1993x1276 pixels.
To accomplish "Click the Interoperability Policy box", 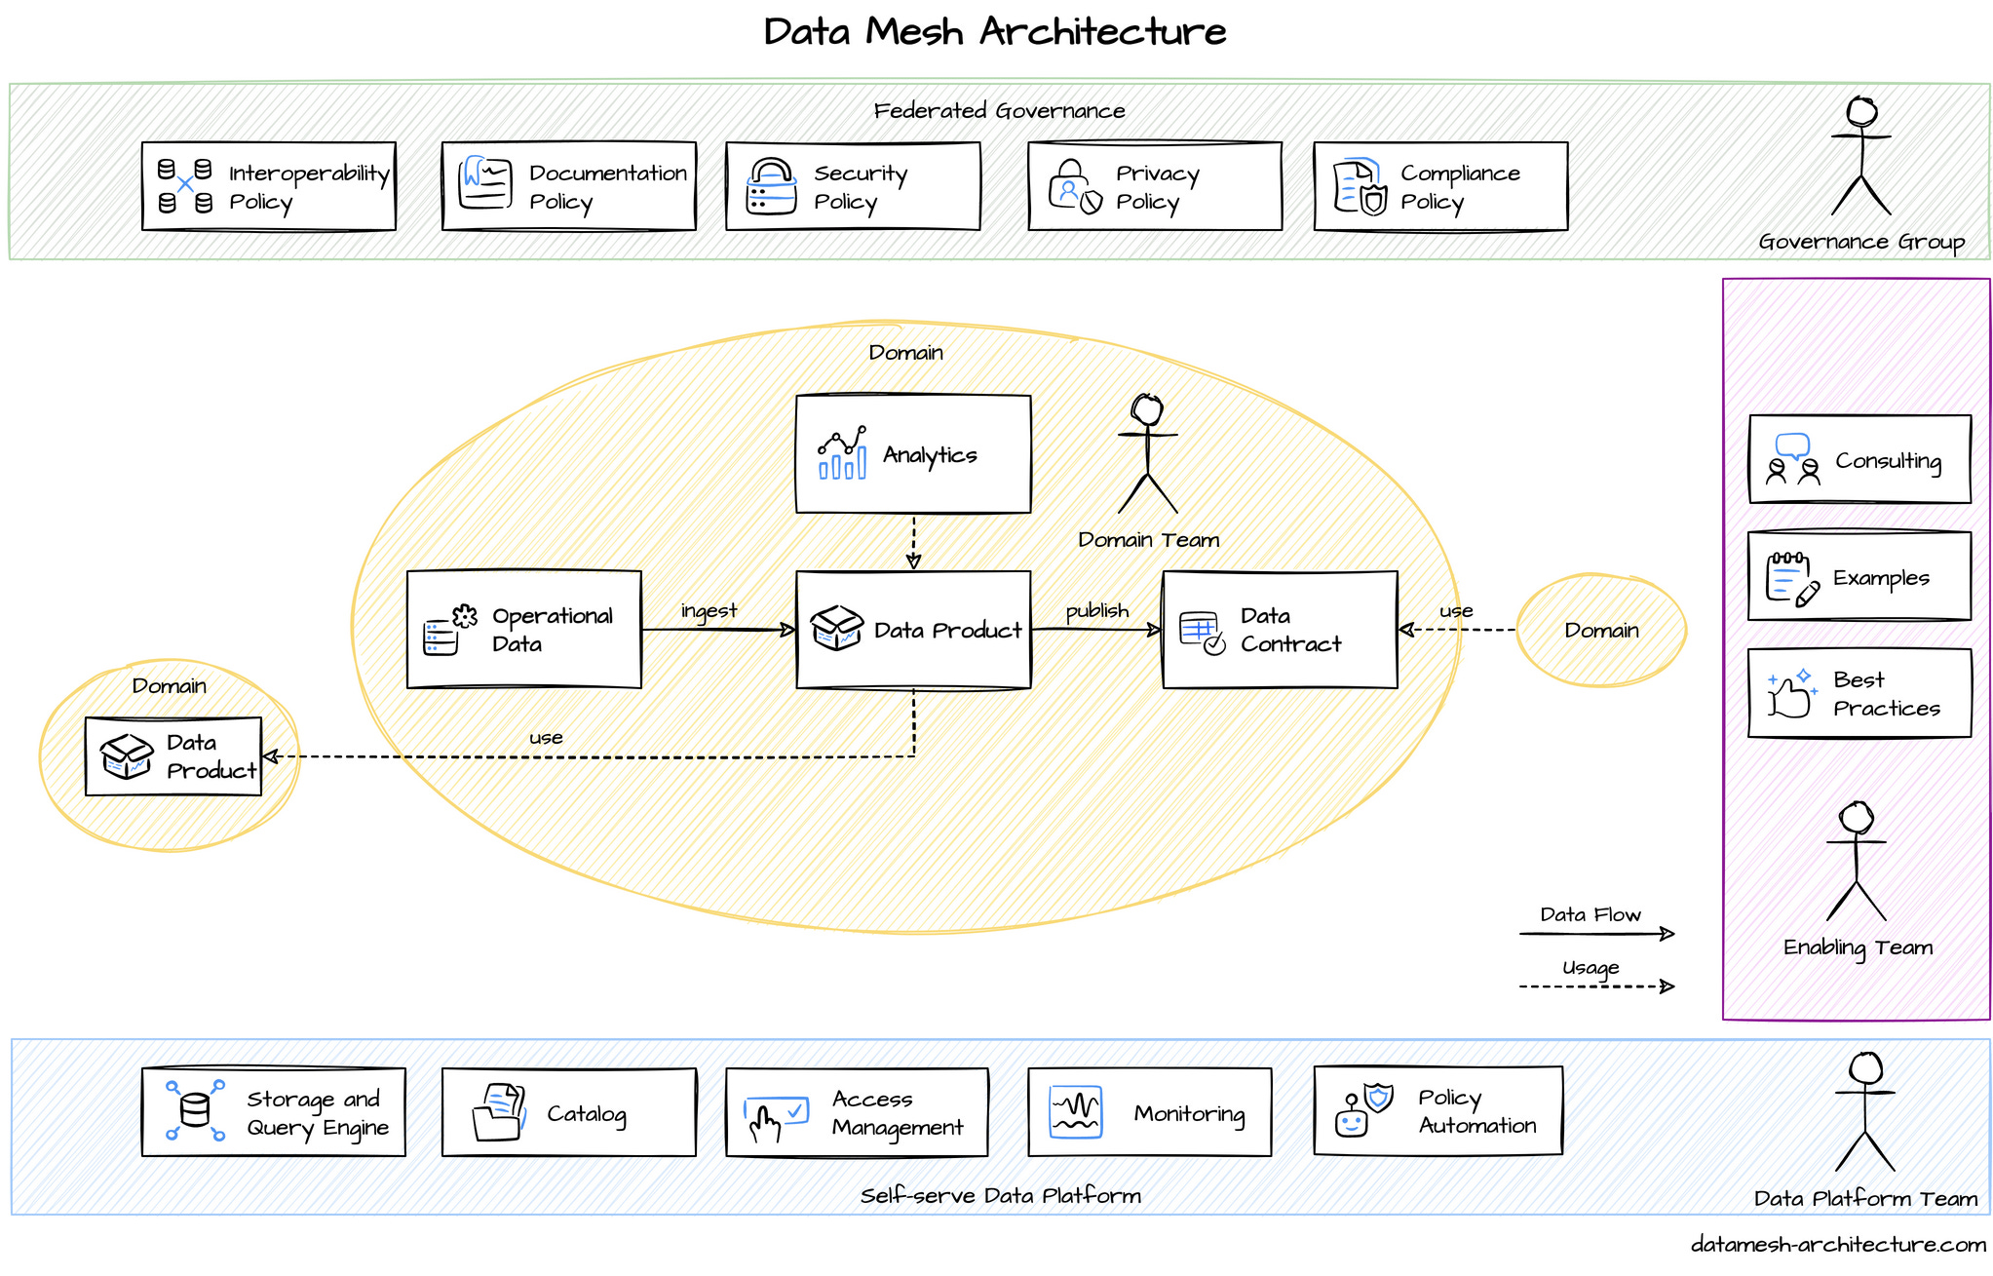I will tap(268, 186).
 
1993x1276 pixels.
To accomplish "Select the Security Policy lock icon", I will tap(771, 186).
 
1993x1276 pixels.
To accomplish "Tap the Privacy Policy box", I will tap(1154, 186).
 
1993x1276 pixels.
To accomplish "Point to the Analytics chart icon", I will tap(842, 453).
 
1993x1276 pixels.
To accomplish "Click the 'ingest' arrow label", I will tap(709, 610).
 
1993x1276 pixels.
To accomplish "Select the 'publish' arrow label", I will tap(1096, 610).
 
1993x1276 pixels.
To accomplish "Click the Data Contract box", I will tap(1279, 630).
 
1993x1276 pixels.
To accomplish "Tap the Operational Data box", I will tap(523, 630).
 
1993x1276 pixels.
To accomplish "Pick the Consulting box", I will tap(1859, 459).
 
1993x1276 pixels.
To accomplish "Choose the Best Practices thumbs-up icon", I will tap(1791, 693).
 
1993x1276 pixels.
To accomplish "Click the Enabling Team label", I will tap(1857, 947).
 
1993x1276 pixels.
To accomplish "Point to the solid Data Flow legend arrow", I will tap(1595, 934).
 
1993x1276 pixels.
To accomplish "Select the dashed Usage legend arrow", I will tap(1595, 986).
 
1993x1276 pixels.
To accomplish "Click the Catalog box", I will tap(568, 1112).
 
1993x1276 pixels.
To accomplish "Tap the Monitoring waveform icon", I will tap(1075, 1112).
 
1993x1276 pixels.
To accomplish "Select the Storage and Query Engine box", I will tap(273, 1112).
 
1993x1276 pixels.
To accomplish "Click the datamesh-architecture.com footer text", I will tap(1837, 1245).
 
